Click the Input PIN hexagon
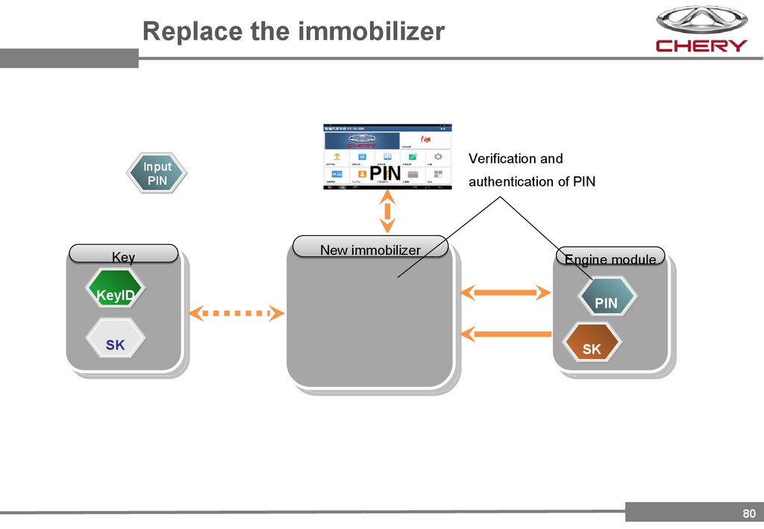pos(157,174)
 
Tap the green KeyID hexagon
pos(116,295)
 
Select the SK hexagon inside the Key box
pos(116,345)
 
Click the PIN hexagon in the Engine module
pos(607,302)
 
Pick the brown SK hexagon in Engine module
pos(592,348)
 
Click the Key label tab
pos(123,255)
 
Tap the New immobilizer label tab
pos(370,248)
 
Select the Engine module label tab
pos(610,258)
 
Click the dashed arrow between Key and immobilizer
pos(237,313)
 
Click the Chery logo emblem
pos(701,21)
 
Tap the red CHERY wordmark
pos(701,46)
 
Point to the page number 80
pos(749,513)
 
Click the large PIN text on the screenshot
pos(385,174)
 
